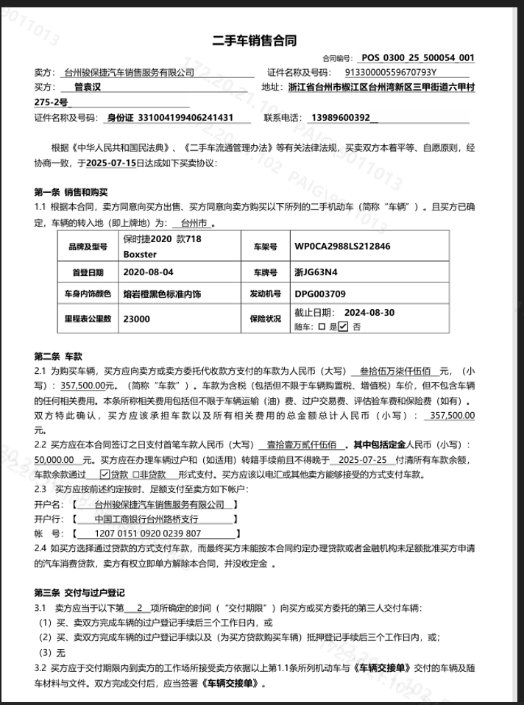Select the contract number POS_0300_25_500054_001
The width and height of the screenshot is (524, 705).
click(417, 57)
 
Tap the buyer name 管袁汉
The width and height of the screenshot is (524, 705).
click(87, 87)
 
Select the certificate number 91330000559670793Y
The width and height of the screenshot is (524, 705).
click(391, 72)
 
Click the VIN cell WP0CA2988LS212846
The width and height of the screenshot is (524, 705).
click(342, 247)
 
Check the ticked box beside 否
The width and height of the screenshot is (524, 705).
click(343, 327)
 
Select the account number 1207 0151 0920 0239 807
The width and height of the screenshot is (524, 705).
click(148, 533)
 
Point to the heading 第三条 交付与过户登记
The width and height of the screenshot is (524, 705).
click(79, 592)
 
